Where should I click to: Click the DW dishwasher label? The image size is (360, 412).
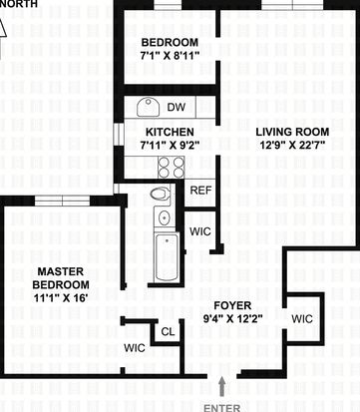(x=177, y=107)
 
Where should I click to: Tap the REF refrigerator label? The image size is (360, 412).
(x=200, y=191)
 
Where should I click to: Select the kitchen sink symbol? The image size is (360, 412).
(x=149, y=107)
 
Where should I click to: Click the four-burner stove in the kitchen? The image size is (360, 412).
(x=172, y=168)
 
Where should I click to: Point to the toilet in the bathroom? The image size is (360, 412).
(x=161, y=194)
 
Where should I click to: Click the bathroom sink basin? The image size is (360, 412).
(x=165, y=217)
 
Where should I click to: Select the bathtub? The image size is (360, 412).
(x=167, y=257)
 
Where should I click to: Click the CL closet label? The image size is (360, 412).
(x=168, y=331)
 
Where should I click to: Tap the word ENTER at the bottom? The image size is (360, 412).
(x=221, y=408)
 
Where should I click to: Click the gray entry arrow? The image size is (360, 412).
(x=221, y=387)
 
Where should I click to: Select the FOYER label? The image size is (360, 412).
(x=232, y=305)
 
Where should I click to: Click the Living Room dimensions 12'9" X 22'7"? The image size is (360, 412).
(x=292, y=145)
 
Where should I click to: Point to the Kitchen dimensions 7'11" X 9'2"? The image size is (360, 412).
(x=170, y=145)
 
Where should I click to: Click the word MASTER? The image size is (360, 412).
(x=61, y=271)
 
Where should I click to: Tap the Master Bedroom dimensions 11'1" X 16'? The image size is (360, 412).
(x=61, y=298)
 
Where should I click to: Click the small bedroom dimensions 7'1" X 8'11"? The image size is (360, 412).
(x=170, y=55)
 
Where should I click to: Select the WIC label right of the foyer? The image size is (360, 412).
(x=302, y=319)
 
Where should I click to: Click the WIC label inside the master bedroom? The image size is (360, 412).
(x=135, y=348)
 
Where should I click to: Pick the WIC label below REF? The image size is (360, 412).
(x=200, y=231)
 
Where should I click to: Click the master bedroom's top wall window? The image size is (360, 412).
(x=63, y=201)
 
